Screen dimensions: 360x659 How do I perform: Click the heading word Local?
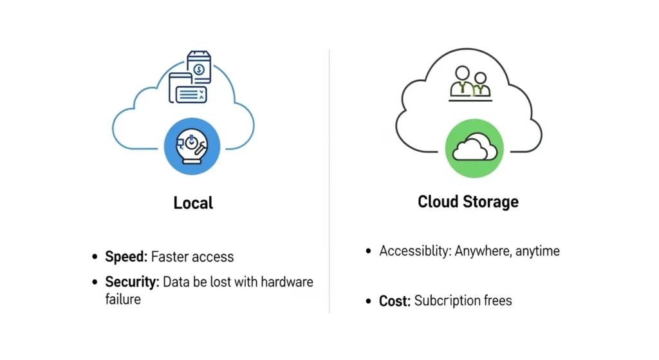pos(193,203)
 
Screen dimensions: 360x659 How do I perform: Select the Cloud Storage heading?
pos(468,202)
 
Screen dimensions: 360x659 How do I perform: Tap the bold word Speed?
pos(126,257)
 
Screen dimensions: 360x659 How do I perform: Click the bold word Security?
pos(131,282)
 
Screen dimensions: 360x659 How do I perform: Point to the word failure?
pos(123,299)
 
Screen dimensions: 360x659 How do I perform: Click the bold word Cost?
pos(394,301)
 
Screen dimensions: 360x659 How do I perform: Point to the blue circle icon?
pos(192,146)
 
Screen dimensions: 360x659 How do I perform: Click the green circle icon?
pos(474,147)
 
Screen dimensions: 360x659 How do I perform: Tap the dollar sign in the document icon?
pos(200,68)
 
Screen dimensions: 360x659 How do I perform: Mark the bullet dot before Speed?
pos(95,258)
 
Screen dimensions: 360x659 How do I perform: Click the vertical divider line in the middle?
pos(329,180)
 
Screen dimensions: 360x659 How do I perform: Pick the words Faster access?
pos(192,257)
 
